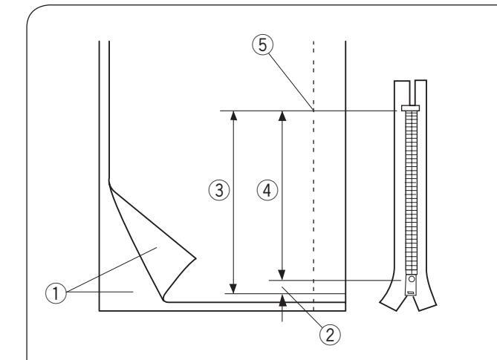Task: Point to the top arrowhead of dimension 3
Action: (233, 115)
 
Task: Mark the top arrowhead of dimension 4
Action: (282, 115)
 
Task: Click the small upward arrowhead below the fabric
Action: (282, 299)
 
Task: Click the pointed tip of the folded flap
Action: (195, 258)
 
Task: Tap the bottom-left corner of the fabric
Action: (100, 311)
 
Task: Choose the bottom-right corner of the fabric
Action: (347, 311)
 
